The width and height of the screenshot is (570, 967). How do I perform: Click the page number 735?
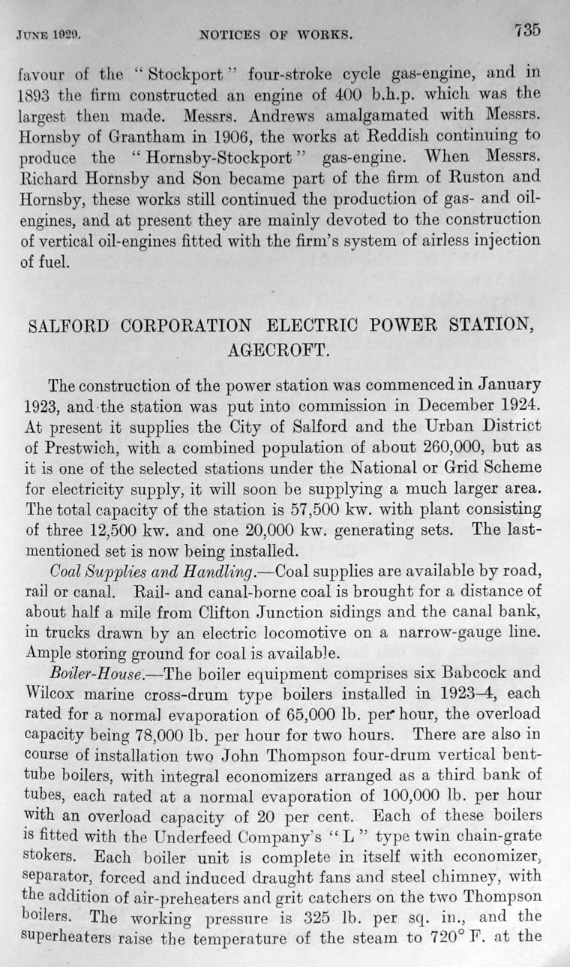[x=527, y=31]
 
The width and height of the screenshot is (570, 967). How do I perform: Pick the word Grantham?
[x=165, y=137]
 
